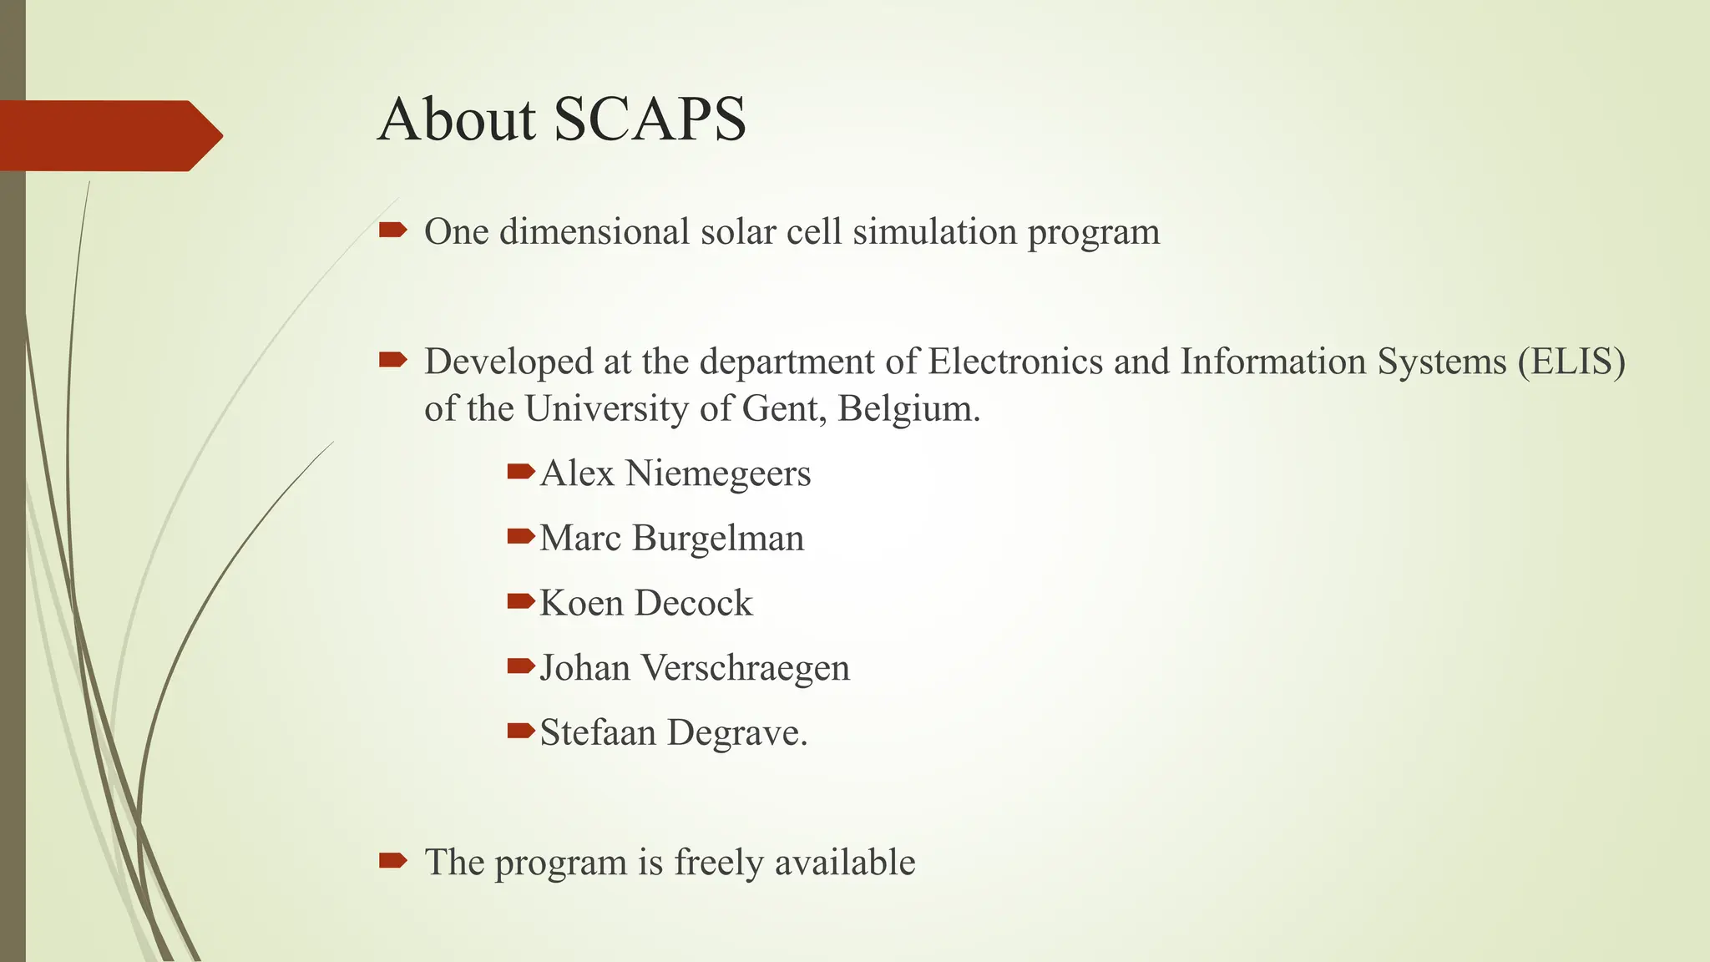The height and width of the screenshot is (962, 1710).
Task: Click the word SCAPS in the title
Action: pyautogui.click(x=650, y=119)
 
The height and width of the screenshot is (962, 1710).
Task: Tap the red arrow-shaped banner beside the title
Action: pyautogui.click(x=109, y=135)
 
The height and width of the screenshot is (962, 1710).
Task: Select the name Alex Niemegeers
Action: pyautogui.click(x=675, y=473)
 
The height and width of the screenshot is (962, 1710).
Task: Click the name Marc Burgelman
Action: pyautogui.click(x=671, y=539)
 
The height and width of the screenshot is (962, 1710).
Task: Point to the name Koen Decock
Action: pyautogui.click(x=645, y=603)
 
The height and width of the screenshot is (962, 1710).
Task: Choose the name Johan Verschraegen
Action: pyautogui.click(x=694, y=668)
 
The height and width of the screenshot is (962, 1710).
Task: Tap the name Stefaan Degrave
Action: pyautogui.click(x=673, y=733)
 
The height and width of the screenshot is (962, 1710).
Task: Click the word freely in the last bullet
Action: pyautogui.click(x=719, y=863)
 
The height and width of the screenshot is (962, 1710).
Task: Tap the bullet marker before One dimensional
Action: pyautogui.click(x=392, y=230)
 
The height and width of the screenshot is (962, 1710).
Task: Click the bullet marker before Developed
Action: pyautogui.click(x=392, y=360)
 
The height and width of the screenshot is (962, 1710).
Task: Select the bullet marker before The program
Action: pyautogui.click(x=392, y=860)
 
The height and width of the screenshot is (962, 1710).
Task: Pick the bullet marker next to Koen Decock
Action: pyautogui.click(x=520, y=600)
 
